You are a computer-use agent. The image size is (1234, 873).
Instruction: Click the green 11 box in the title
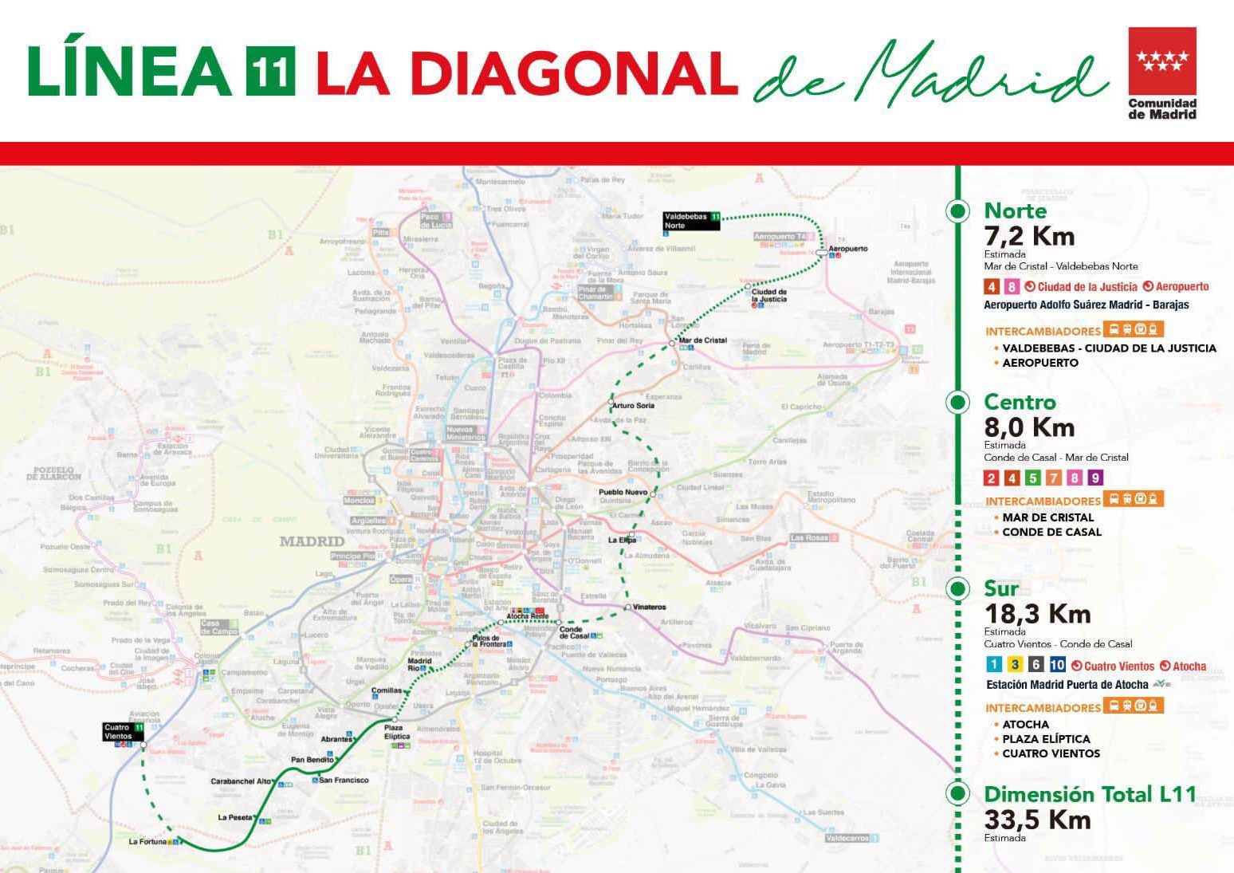pos(270,71)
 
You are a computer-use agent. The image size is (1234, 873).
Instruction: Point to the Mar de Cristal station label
pos(702,340)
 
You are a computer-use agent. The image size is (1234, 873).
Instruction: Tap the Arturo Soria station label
pos(634,406)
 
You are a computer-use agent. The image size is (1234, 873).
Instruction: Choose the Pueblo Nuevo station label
pos(623,493)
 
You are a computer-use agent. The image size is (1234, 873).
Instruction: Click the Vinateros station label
pos(650,608)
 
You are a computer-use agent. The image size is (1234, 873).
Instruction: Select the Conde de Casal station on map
pos(575,632)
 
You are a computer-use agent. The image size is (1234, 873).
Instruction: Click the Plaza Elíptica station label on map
pos(396,732)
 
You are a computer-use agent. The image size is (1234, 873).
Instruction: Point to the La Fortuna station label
pos(148,841)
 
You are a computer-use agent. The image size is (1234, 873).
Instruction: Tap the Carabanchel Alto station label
pos(241,781)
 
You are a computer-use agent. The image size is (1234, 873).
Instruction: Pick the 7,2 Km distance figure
pos(1029,236)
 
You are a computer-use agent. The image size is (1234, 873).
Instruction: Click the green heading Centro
pos(1020,402)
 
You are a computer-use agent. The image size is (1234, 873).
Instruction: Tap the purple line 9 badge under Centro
pos(1095,478)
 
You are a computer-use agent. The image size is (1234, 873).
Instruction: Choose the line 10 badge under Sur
pos(1057,665)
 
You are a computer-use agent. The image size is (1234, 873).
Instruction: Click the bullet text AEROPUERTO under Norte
pos(1039,363)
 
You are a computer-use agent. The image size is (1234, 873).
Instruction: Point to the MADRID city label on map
pos(312,541)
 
